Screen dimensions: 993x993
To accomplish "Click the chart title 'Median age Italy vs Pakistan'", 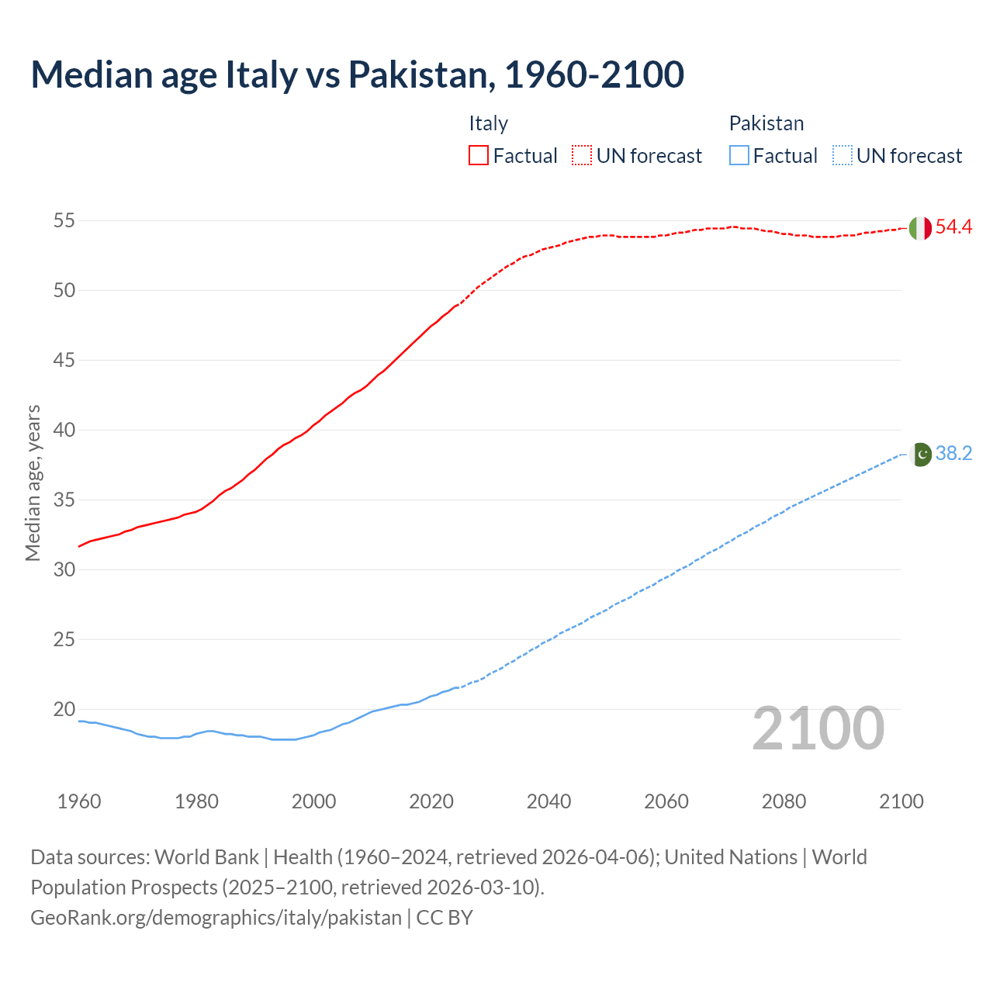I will click(357, 74).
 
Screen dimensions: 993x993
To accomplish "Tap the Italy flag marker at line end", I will click(919, 228).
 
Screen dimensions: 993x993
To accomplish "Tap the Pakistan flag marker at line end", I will click(920, 455).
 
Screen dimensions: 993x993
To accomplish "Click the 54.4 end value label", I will click(953, 227).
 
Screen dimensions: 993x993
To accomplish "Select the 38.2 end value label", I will click(953, 454).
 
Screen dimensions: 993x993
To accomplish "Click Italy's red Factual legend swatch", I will click(479, 155).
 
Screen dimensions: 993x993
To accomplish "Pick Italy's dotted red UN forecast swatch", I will click(582, 155).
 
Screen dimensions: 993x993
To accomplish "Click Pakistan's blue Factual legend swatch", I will click(739, 155).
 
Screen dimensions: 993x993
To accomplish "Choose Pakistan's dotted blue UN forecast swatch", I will click(842, 155).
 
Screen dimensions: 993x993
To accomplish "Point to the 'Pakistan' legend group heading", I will click(766, 123).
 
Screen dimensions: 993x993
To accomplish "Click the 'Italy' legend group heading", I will click(488, 123).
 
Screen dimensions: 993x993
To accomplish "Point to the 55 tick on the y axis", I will click(64, 221).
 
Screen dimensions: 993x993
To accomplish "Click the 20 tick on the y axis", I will click(64, 710).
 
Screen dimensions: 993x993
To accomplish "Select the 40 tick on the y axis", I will click(64, 431).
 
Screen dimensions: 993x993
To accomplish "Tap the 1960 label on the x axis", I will click(79, 801).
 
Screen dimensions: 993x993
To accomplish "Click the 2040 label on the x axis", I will click(548, 801).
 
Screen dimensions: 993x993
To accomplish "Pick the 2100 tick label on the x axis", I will click(901, 801).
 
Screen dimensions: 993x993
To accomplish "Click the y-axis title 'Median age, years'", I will click(33, 483).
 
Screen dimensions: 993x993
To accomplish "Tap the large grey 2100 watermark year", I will click(818, 728).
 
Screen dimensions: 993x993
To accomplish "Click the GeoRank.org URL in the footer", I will click(216, 918).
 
